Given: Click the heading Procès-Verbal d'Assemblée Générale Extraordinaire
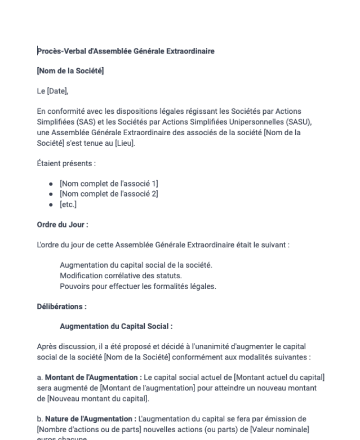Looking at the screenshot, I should [126, 52].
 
